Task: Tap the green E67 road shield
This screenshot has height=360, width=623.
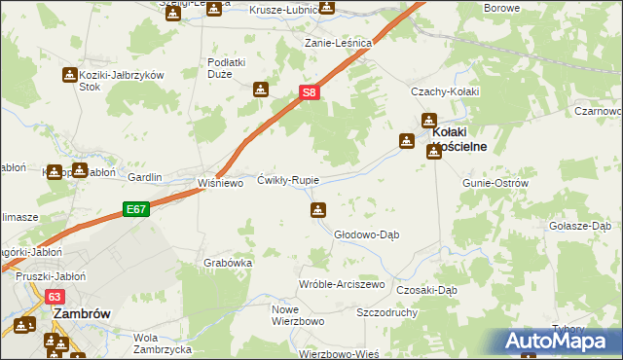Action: pos(135,208)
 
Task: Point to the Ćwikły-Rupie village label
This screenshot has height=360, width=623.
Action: pos(287,181)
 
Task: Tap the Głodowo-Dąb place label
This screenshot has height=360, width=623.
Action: pos(367,234)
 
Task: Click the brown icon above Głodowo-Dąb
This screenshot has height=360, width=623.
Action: pos(318,210)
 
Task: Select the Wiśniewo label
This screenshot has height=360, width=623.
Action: pos(220,182)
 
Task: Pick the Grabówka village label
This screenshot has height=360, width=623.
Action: pos(229,263)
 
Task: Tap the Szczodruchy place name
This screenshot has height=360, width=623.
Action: pos(387,313)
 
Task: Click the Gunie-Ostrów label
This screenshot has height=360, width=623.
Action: pos(495,183)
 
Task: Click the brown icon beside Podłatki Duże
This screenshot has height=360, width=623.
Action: pos(260,90)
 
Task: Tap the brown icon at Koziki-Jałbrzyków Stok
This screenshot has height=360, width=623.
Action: pos(70,75)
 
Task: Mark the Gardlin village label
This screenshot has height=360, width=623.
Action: pos(145,178)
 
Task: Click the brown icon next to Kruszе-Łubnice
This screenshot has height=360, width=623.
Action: pos(326,9)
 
